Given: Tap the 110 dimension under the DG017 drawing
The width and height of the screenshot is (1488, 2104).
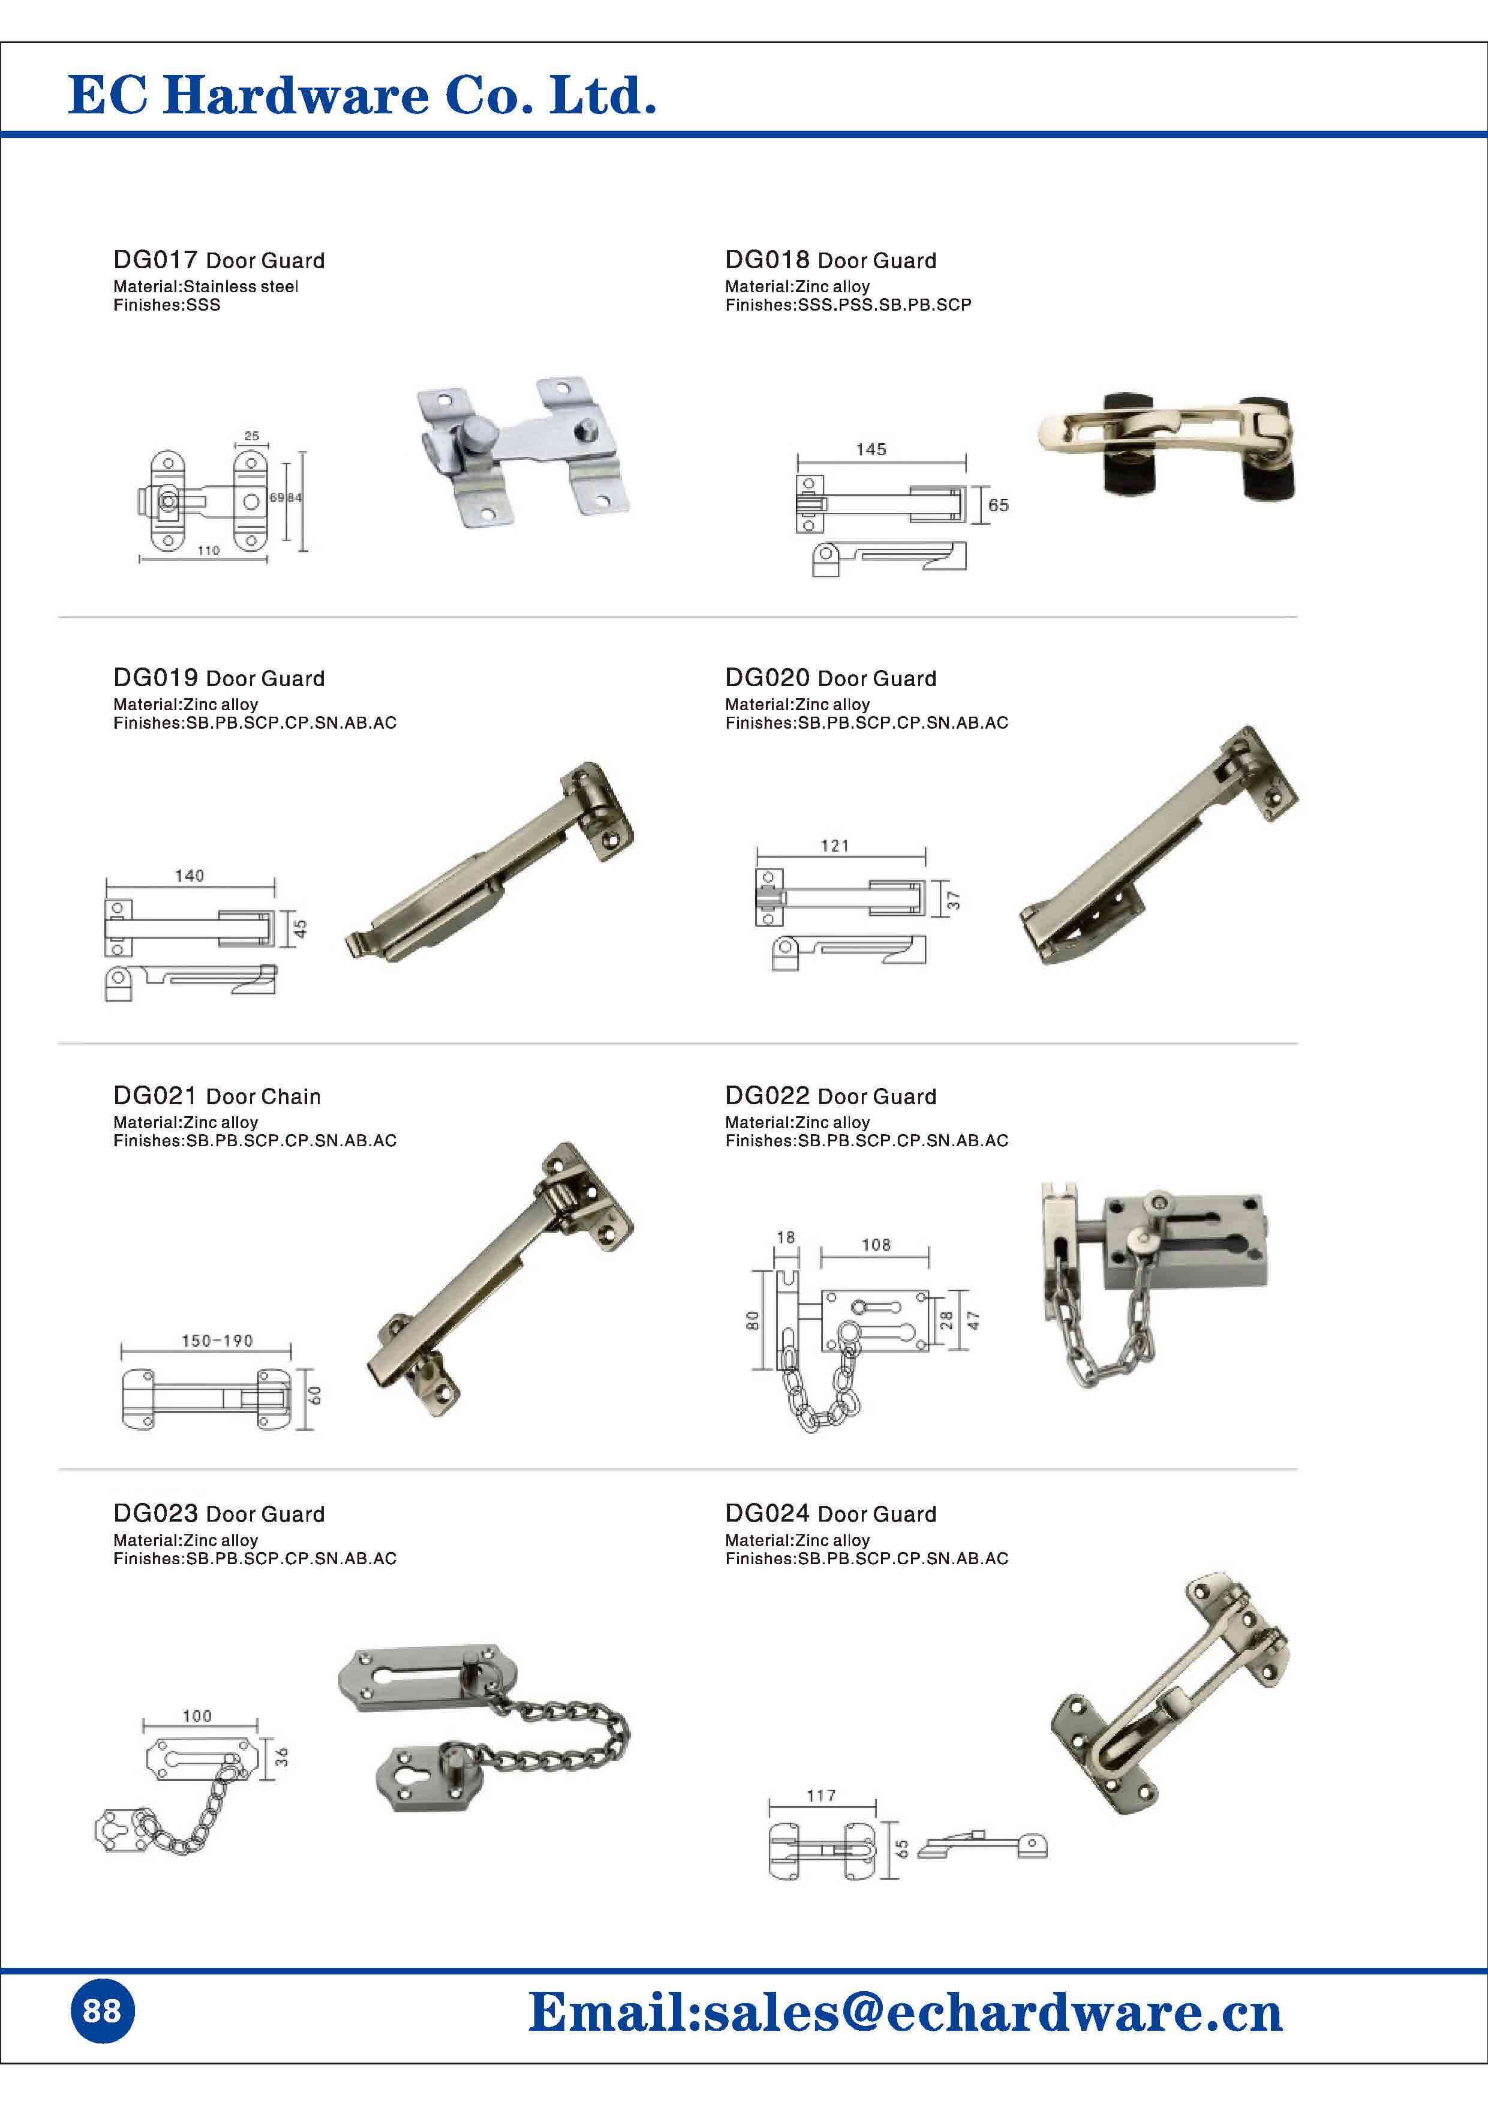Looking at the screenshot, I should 208,551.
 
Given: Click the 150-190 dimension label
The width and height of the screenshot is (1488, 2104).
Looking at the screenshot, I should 217,1340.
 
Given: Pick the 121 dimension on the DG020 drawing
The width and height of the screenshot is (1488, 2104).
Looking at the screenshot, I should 835,846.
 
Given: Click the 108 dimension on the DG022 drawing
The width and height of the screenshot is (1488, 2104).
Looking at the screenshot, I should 876,1245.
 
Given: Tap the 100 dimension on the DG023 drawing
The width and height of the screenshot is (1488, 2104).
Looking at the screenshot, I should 197,1715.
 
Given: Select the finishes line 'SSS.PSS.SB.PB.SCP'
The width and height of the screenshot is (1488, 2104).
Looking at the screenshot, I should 883,305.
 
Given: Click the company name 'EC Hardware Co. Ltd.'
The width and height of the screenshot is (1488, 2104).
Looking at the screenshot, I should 362,96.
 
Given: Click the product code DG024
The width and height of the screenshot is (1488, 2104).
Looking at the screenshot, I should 767,1514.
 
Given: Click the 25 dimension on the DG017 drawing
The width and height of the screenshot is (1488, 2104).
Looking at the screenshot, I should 252,436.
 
